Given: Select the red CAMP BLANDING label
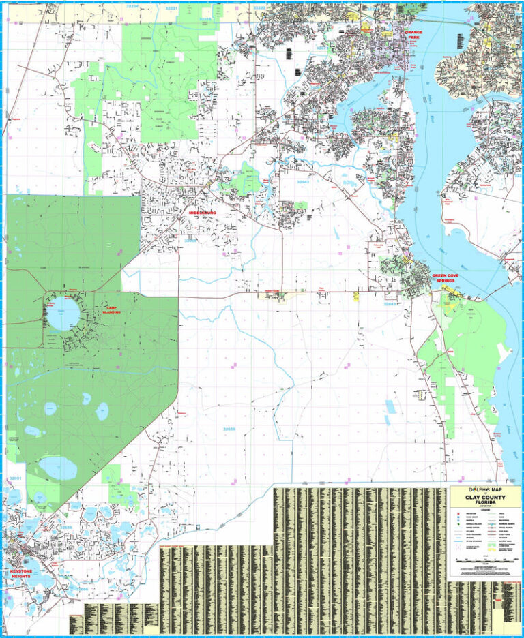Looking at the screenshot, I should (111, 309).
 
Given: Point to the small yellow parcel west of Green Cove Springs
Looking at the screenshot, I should (356, 296).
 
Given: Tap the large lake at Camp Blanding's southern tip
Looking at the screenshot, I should (57, 467).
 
